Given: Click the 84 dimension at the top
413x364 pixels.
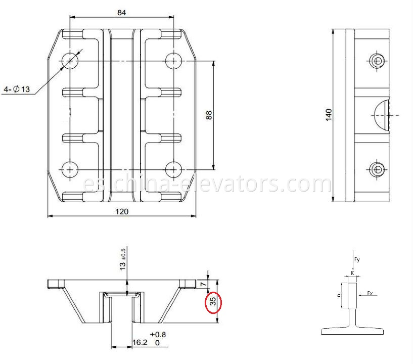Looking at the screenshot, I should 121,12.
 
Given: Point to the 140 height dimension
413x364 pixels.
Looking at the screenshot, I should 328,114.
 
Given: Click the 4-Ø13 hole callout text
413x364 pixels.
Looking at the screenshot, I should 17,89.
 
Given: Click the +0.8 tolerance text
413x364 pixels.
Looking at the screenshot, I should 157,334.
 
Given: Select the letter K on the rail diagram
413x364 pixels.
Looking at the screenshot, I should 352,274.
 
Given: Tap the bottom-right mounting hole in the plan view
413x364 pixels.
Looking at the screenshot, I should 173,169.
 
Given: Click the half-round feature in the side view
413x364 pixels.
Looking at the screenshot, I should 383,115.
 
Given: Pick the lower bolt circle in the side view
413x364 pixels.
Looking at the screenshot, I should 376,169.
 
